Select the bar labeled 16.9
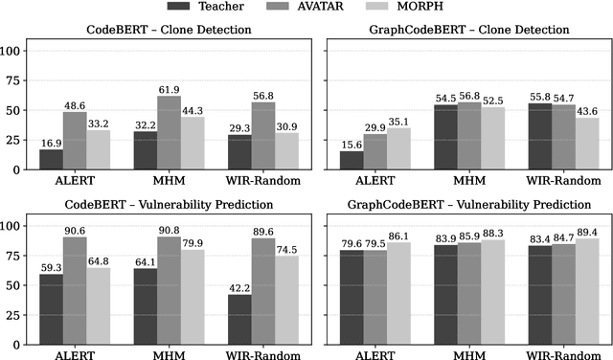pyautogui.click(x=51, y=159)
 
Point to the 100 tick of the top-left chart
pyautogui.click(x=16, y=50)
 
